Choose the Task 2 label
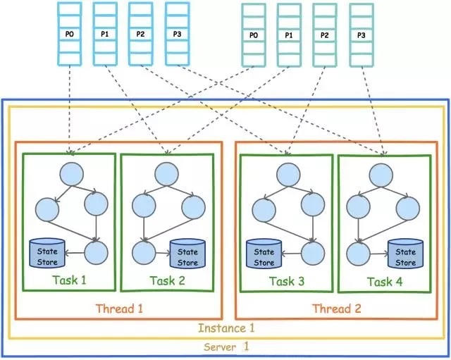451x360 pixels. [167, 280]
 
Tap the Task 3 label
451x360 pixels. [287, 281]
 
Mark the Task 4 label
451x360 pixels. [384, 281]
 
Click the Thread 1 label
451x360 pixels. [118, 308]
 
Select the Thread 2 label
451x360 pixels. [336, 308]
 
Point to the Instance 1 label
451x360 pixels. [226, 328]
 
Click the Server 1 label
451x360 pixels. [226, 347]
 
